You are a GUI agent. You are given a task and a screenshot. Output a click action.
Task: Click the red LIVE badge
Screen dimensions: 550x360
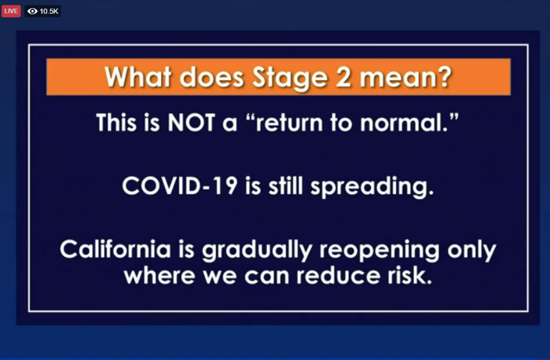11,11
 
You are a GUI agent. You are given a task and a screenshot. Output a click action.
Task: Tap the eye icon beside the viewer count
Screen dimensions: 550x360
32,11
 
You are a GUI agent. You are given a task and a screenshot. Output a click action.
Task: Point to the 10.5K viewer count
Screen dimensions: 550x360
49,11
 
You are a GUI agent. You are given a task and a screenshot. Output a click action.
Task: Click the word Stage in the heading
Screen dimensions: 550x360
290,78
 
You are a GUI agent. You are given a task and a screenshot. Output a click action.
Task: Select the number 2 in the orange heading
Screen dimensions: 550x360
343,76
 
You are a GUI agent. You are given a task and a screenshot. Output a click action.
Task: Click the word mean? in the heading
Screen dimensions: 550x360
406,77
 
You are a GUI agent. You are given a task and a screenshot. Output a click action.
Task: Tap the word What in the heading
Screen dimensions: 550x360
138,76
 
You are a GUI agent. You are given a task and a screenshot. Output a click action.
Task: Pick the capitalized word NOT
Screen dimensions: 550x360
191,123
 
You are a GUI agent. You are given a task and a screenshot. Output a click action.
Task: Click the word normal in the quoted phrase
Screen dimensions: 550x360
403,123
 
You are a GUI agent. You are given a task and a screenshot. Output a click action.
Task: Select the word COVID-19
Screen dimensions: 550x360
179,186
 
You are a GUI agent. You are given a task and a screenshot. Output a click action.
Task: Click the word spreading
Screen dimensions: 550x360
372,186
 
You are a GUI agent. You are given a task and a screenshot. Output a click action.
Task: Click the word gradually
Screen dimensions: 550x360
257,250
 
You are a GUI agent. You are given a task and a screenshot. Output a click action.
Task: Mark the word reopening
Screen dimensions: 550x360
379,250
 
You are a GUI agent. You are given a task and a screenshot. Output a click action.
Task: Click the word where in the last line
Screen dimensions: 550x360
159,276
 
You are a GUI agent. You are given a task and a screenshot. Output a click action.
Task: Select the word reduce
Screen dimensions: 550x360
338,276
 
